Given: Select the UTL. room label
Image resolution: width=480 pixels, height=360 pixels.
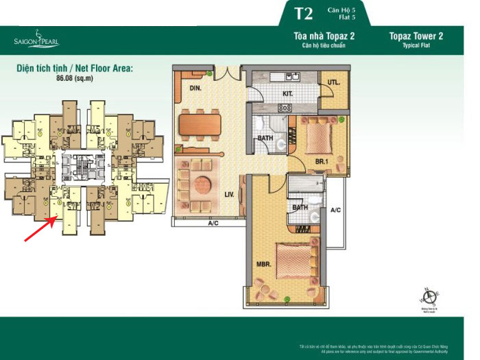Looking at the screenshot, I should click(334, 82).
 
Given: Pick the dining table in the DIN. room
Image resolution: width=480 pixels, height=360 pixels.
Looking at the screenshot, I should click(200, 125).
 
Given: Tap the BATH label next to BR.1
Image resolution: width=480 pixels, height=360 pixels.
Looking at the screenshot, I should click(263, 139).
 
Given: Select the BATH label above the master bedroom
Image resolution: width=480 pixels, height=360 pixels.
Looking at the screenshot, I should click(300, 206).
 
